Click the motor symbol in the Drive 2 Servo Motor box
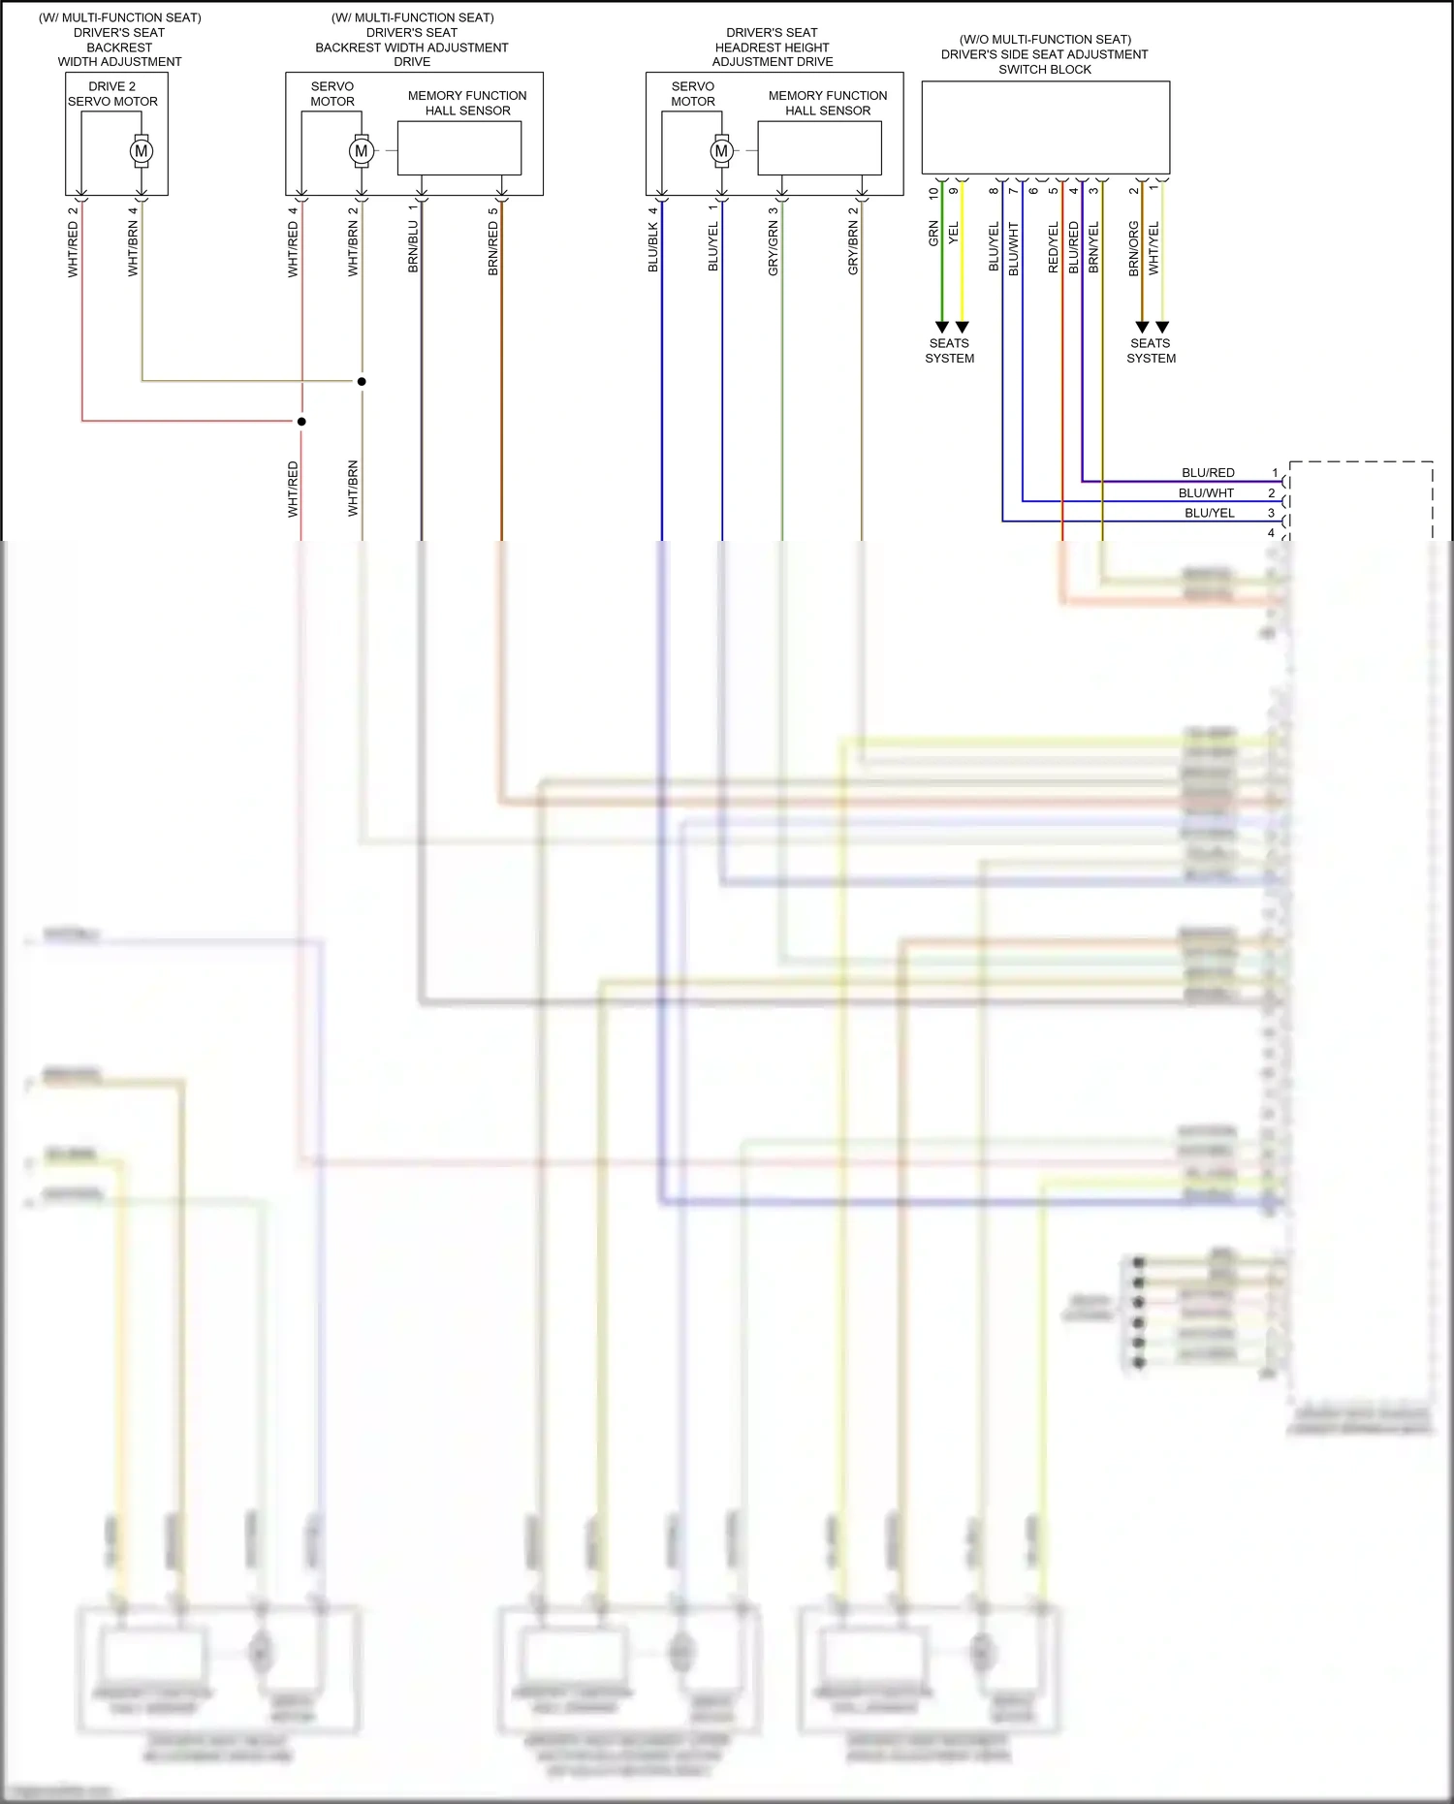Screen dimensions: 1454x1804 (x=142, y=151)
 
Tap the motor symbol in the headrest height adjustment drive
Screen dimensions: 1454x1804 (x=721, y=151)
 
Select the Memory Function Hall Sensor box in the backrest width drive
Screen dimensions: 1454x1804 (x=459, y=148)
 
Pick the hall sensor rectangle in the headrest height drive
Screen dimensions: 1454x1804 (x=819, y=148)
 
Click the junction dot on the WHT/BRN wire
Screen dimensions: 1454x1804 (x=362, y=381)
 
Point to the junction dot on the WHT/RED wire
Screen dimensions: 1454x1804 (x=301, y=422)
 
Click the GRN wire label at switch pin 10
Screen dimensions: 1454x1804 (x=934, y=233)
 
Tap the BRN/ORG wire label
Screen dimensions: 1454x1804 (x=1134, y=248)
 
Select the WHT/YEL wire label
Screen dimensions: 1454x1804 (x=1154, y=248)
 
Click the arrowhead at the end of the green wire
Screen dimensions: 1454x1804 (x=941, y=327)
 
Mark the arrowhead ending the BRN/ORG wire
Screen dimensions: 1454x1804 (x=1142, y=327)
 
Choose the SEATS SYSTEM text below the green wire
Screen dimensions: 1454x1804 (x=949, y=351)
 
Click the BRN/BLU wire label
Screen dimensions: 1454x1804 (x=414, y=247)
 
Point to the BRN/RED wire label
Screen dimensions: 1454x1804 (x=493, y=248)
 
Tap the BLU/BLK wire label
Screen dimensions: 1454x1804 (x=653, y=247)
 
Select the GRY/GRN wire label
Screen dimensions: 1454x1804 (x=774, y=248)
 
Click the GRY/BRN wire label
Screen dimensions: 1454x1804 (x=853, y=248)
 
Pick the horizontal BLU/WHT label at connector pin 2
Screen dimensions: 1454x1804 (x=1206, y=493)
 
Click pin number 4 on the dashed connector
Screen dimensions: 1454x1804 (x=1271, y=533)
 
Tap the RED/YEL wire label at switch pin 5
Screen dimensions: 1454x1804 (x=1054, y=247)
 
